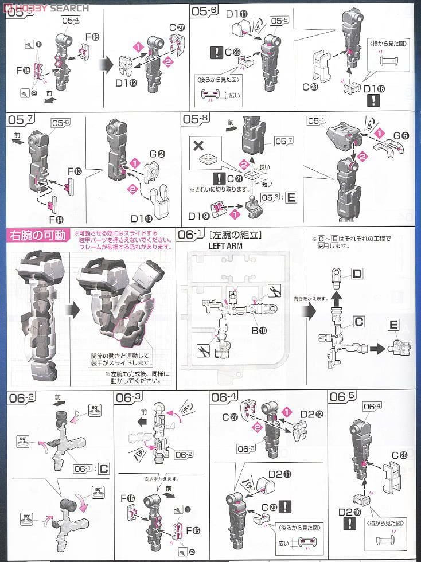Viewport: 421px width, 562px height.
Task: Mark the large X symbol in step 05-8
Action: pos(199,144)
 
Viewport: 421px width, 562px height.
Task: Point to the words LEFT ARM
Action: pos(227,245)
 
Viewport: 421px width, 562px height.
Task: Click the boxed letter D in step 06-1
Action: pos(357,274)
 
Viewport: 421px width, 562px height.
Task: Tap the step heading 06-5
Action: pos(344,397)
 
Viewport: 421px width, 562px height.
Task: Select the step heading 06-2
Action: pos(23,397)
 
